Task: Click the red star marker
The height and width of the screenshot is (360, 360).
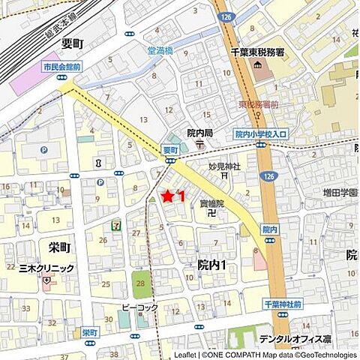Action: point(168,196)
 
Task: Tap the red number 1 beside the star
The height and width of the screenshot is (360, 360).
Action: point(181,196)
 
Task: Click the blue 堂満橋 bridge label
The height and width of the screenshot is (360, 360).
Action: point(160,50)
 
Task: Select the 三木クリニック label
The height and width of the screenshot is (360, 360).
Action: point(47,268)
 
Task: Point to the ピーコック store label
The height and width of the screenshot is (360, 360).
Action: point(139,307)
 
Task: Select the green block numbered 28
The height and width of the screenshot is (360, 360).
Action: point(140,283)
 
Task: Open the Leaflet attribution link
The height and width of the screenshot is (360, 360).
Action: point(184,355)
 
